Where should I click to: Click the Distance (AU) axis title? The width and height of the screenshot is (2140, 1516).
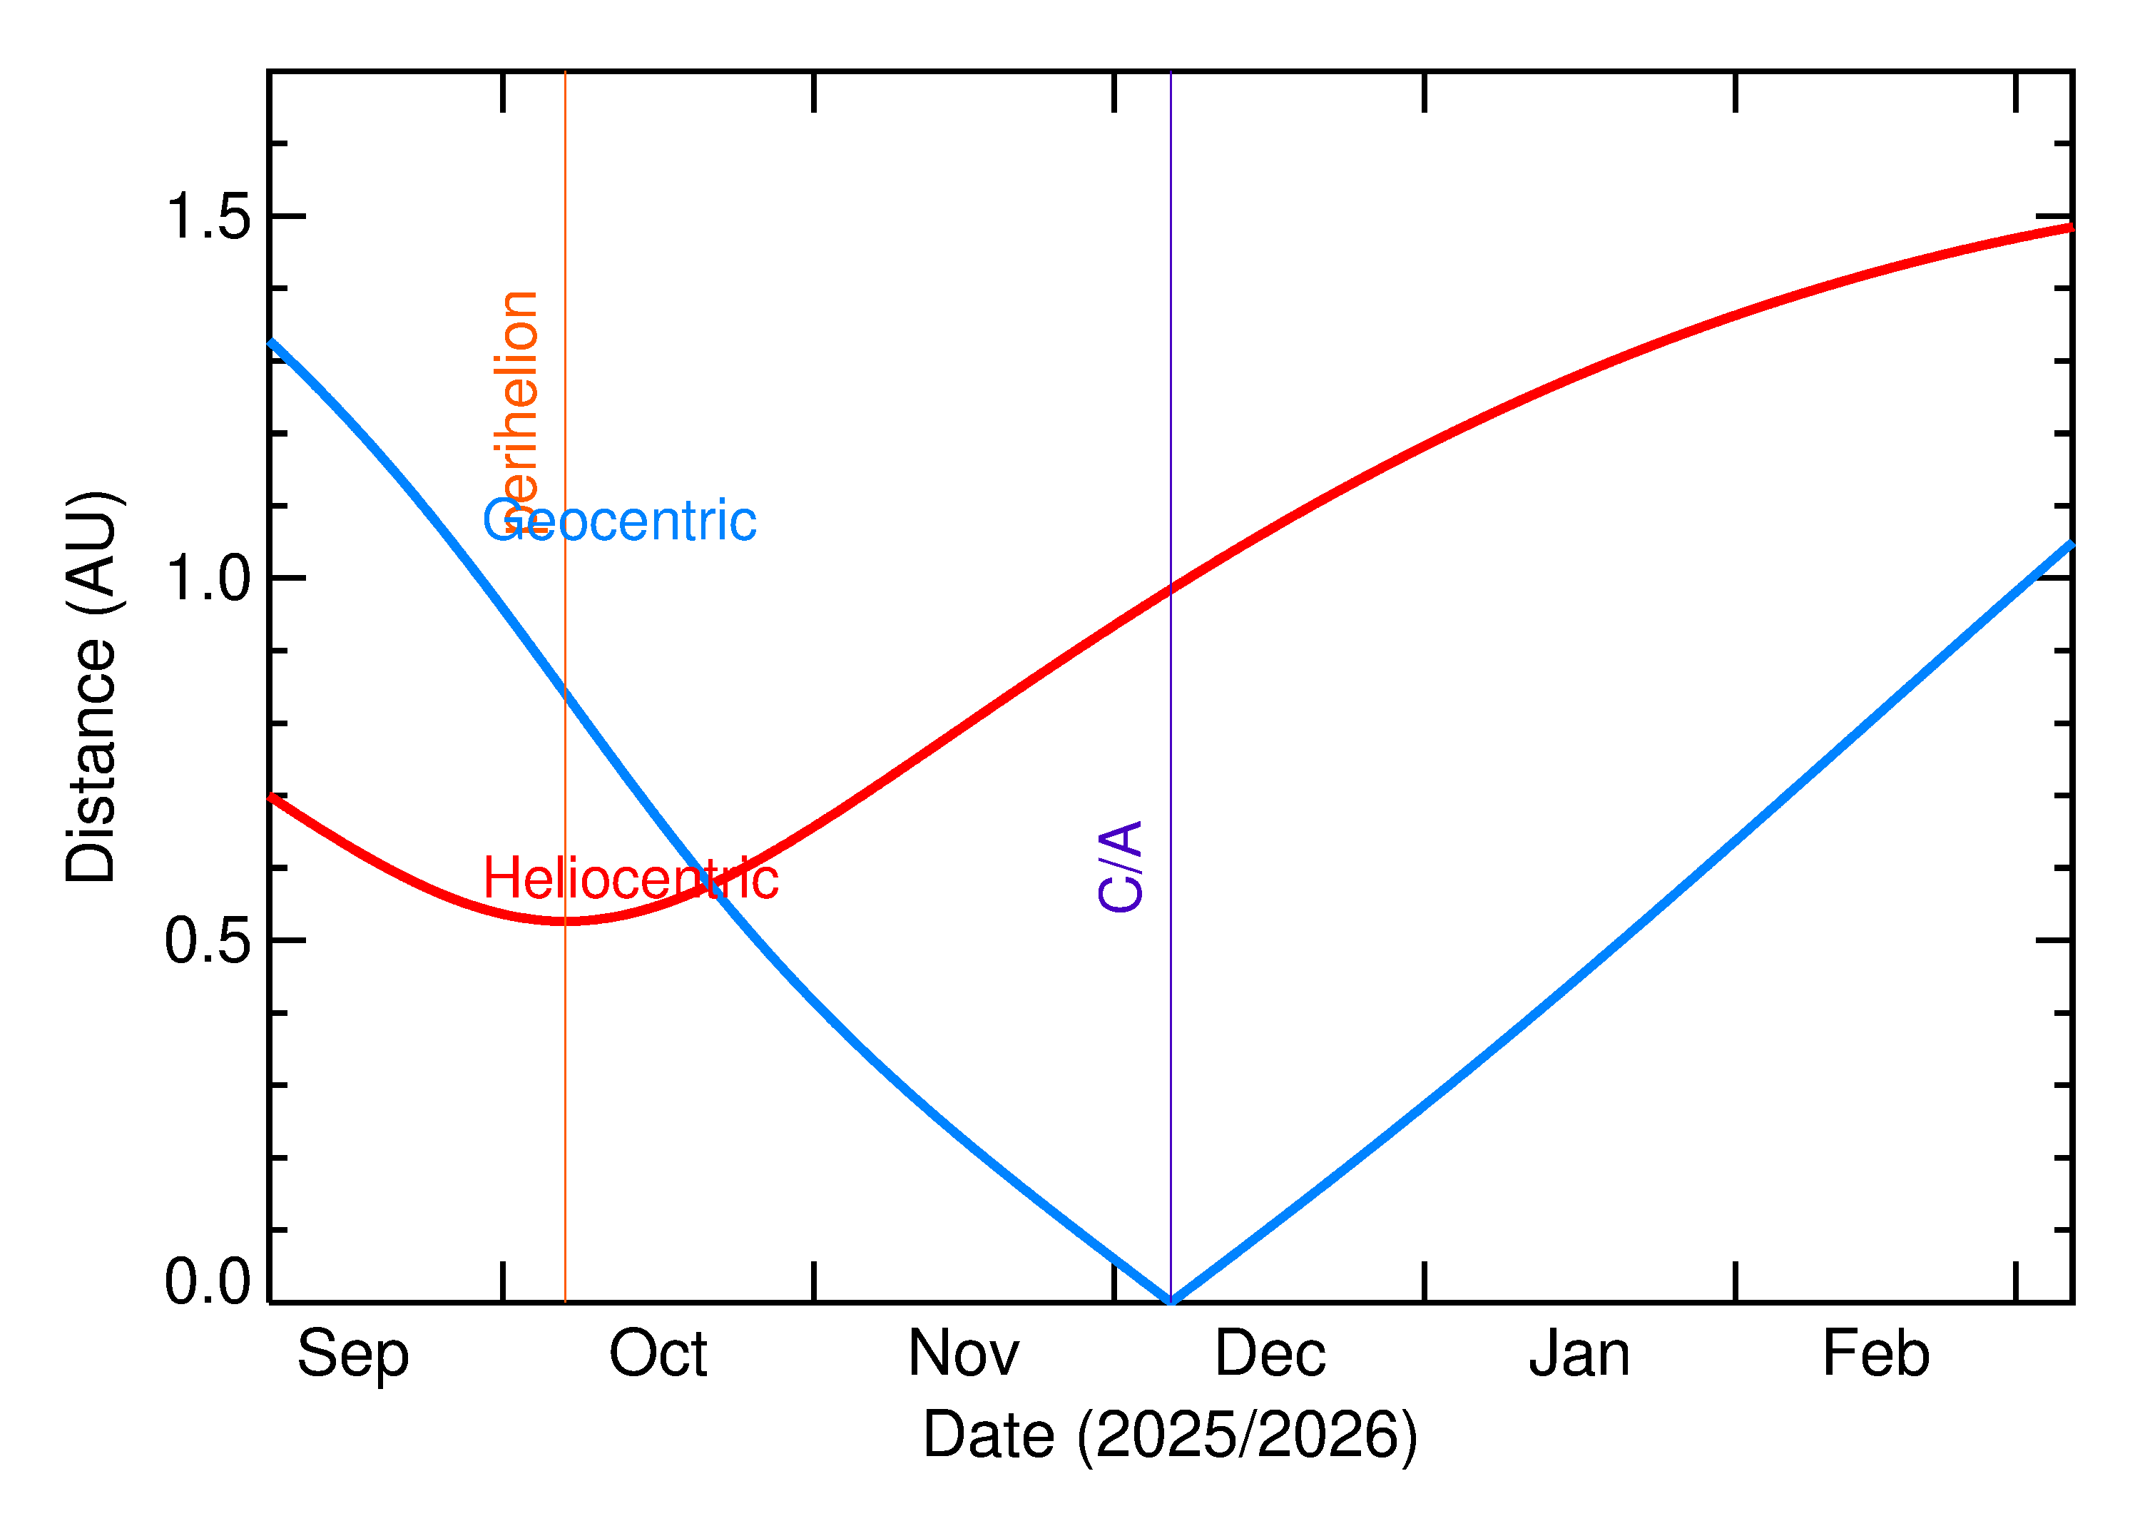click(91, 686)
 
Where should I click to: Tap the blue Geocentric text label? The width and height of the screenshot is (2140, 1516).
click(618, 521)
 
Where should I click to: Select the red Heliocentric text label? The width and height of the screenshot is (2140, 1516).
click(631, 880)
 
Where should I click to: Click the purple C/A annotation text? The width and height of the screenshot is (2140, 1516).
click(1121, 866)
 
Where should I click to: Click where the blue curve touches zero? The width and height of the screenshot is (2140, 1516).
click(1171, 1301)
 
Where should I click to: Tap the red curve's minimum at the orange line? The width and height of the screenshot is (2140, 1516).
click(565, 921)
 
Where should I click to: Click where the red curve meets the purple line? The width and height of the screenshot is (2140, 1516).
click(1171, 588)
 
